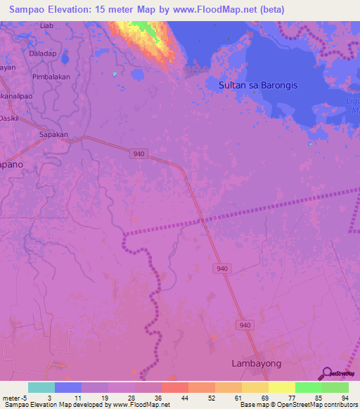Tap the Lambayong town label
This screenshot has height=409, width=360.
click(x=257, y=363)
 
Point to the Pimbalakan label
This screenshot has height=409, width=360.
click(x=53, y=76)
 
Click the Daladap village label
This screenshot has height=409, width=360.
click(x=43, y=53)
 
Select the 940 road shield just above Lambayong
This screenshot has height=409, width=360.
click(x=245, y=325)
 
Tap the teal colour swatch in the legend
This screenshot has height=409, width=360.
click(x=41, y=387)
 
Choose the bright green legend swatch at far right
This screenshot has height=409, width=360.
click(x=335, y=387)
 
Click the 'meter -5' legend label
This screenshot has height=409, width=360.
click(x=14, y=398)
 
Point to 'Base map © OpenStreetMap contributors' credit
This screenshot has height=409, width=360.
click(x=297, y=405)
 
